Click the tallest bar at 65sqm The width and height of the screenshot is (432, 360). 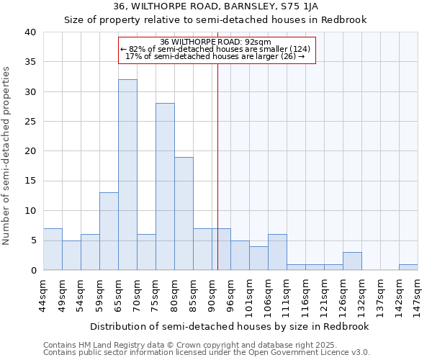click(127, 175)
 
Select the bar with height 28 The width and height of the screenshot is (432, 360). click(165, 186)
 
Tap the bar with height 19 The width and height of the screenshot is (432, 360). click(184, 213)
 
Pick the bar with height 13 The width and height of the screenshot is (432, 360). click(109, 231)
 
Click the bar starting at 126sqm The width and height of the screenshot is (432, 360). click(352, 261)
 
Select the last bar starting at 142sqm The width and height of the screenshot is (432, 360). click(408, 267)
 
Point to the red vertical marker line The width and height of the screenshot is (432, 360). click(217, 166)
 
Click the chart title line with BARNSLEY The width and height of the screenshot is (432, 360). click(216, 6)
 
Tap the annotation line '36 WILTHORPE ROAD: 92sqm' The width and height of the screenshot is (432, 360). click(216, 42)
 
